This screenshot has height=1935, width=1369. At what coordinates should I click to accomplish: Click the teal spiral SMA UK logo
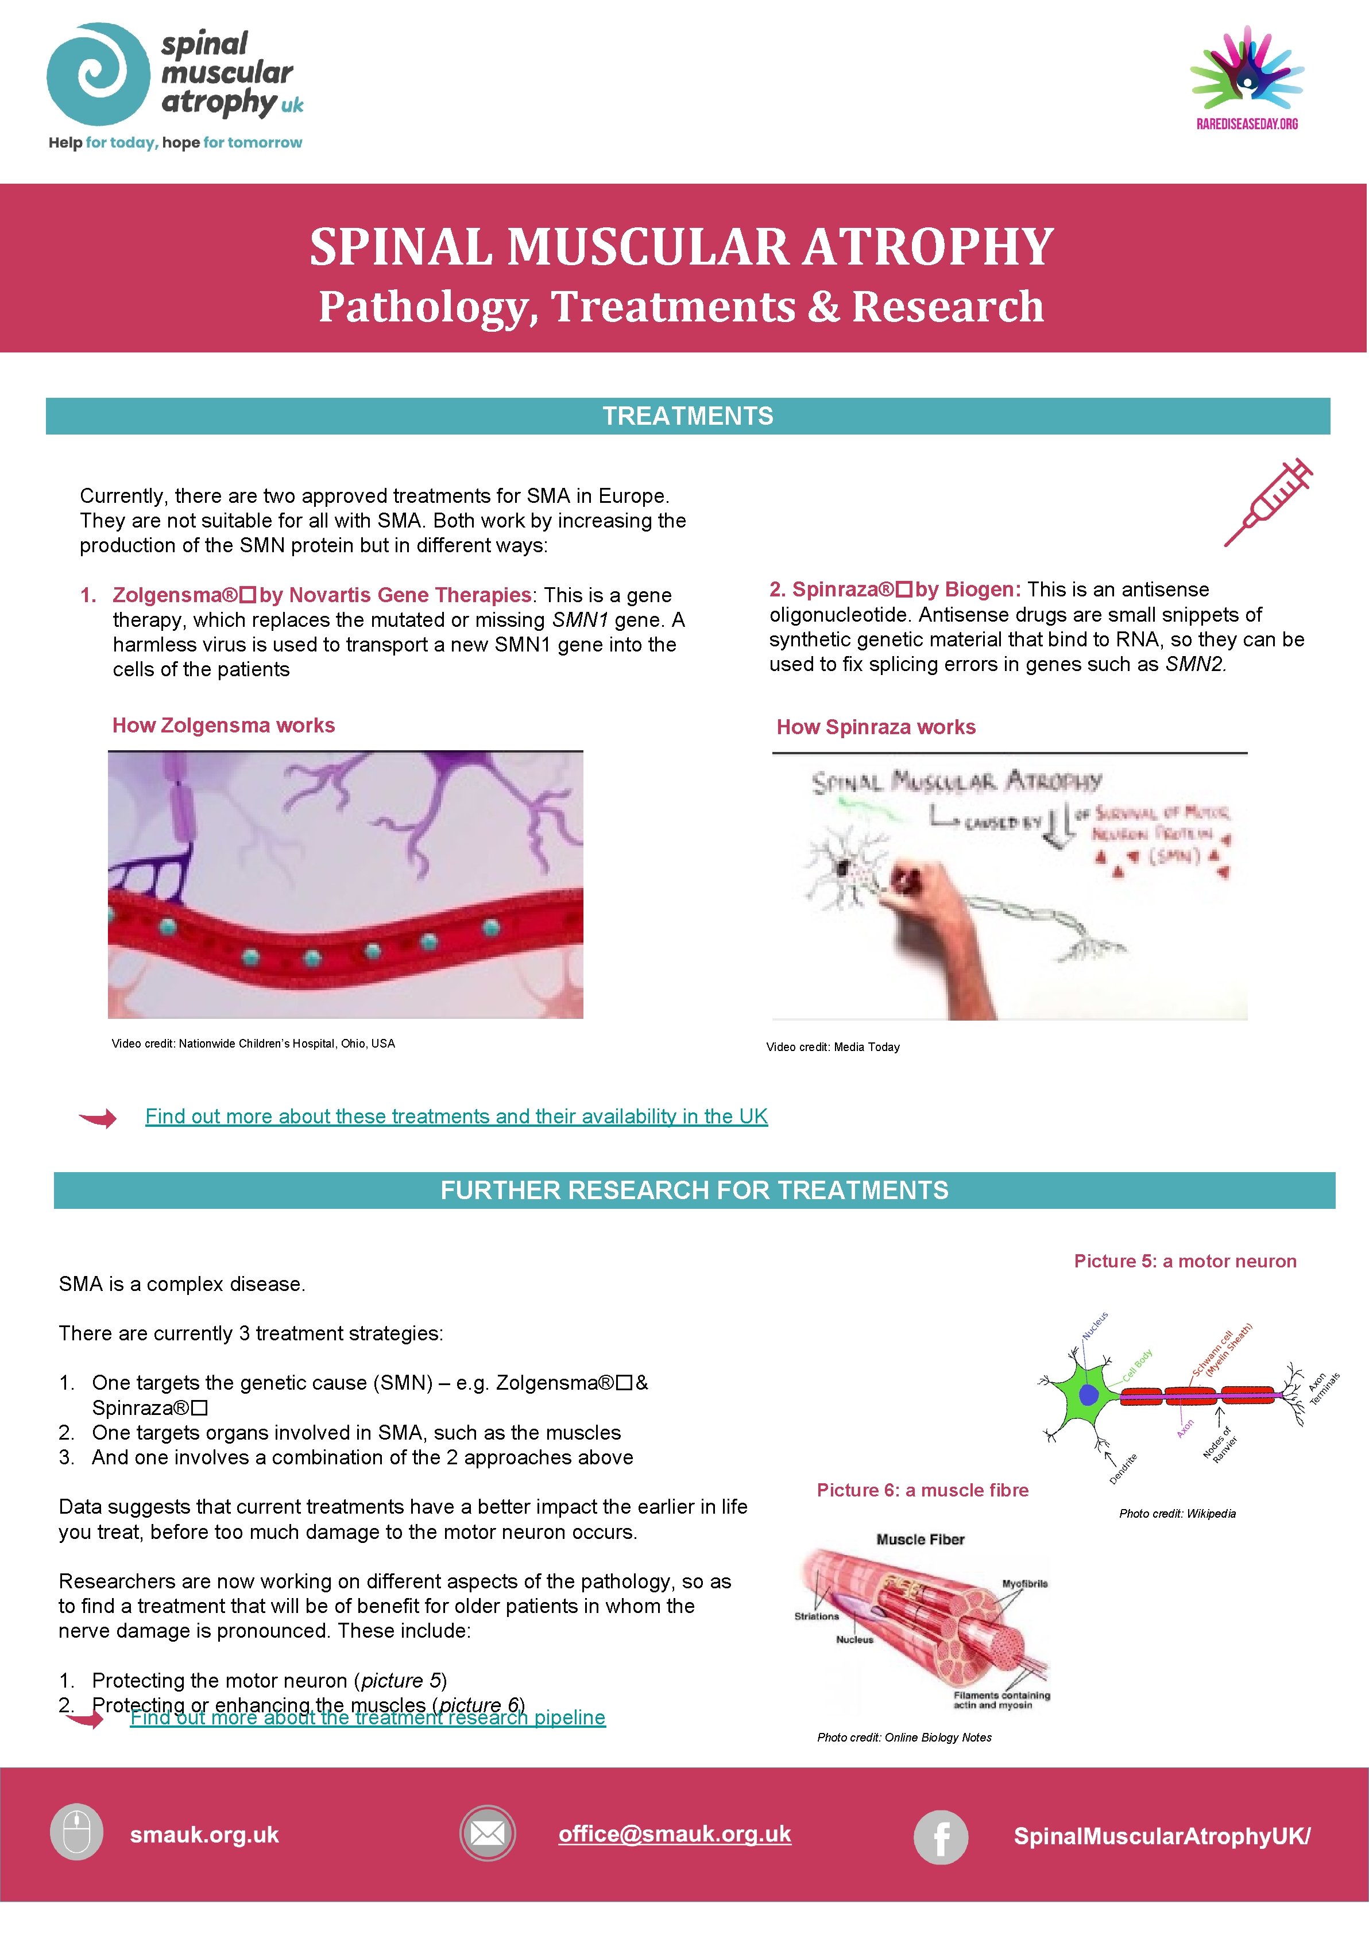(98, 74)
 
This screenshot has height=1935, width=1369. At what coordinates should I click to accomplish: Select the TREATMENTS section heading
(687, 416)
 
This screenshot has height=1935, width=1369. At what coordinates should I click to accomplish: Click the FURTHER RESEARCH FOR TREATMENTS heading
(694, 1190)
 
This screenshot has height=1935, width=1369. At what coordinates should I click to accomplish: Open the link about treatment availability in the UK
(456, 1116)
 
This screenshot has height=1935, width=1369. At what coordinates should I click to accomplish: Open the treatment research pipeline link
(368, 1717)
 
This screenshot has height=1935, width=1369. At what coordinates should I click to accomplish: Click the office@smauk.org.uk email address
(674, 1834)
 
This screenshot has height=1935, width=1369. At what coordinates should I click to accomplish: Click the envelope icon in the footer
(487, 1834)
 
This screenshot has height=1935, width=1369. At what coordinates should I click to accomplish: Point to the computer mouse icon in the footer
(77, 1832)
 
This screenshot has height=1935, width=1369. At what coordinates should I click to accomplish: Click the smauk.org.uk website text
(204, 1835)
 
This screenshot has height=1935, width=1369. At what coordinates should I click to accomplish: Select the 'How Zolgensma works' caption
(223, 726)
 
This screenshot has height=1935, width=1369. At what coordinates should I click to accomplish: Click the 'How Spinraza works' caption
(876, 727)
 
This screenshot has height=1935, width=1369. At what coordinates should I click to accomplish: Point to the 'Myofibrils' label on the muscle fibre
(1024, 1584)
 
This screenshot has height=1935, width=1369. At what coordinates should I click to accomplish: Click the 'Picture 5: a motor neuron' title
(1185, 1261)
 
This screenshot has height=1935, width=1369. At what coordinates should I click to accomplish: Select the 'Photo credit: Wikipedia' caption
(1177, 1514)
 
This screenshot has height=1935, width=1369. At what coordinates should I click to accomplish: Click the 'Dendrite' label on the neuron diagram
(1123, 1468)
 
